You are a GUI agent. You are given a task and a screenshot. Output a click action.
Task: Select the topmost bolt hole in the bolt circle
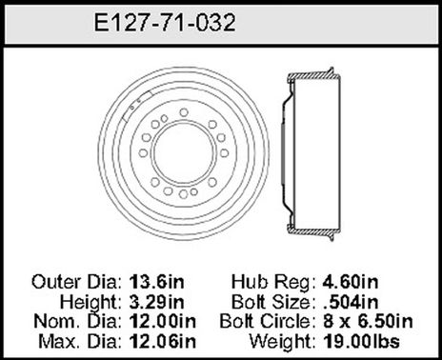[183, 111]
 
